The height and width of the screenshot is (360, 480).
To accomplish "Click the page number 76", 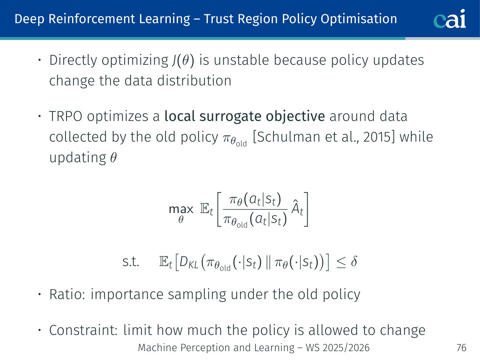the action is [x=461, y=348].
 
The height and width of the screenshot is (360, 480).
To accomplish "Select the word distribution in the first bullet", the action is [x=194, y=81].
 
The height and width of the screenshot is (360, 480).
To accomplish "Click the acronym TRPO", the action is [x=66, y=116].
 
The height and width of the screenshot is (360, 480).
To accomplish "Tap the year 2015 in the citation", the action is [x=377, y=137].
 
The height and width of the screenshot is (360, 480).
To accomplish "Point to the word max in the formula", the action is [x=181, y=209].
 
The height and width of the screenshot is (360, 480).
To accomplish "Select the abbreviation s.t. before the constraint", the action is [x=130, y=262].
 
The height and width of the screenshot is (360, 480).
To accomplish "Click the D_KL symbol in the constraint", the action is [x=189, y=262].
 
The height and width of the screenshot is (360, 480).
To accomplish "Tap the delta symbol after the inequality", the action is [x=354, y=261].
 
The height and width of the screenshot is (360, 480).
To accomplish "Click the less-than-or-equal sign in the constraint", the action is [x=341, y=262].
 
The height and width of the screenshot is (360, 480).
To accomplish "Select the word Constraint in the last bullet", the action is [x=83, y=330].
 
